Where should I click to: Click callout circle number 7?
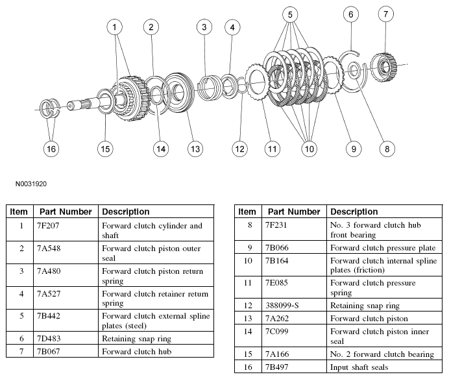pos(385,14)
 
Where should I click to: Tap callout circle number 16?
pos(51,149)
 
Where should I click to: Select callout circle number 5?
pos(290,15)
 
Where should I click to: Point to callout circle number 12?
pos(239,149)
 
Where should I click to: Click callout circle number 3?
pos(204,27)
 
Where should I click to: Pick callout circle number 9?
pos(354,149)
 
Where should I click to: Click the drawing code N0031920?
pos(31,184)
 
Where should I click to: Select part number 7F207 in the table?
pos(48,226)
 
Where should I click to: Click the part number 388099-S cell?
pos(282,306)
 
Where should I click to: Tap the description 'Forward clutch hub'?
pos(137,352)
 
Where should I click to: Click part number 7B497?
pos(276,367)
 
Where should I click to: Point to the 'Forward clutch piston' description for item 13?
pos(369,319)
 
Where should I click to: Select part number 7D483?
pos(49,339)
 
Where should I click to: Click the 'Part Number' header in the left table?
pos(66,212)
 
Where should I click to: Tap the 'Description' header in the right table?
pos(354,212)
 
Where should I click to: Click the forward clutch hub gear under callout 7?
pos(383,67)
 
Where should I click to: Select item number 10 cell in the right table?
pos(248,261)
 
